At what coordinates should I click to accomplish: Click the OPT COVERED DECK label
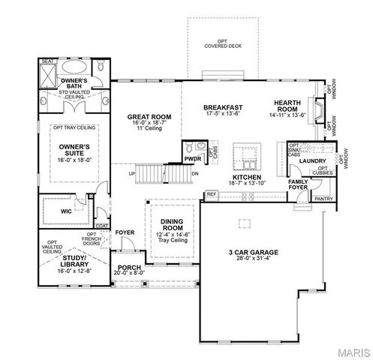click(221, 43)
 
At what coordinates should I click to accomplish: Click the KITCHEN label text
click(245, 176)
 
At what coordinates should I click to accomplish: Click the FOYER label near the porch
click(125, 232)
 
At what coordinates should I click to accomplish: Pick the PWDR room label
click(191, 158)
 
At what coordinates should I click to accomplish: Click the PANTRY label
click(323, 199)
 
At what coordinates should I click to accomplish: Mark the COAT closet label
click(101, 224)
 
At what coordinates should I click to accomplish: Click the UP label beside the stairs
click(133, 174)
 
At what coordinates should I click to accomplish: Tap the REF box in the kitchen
click(212, 194)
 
